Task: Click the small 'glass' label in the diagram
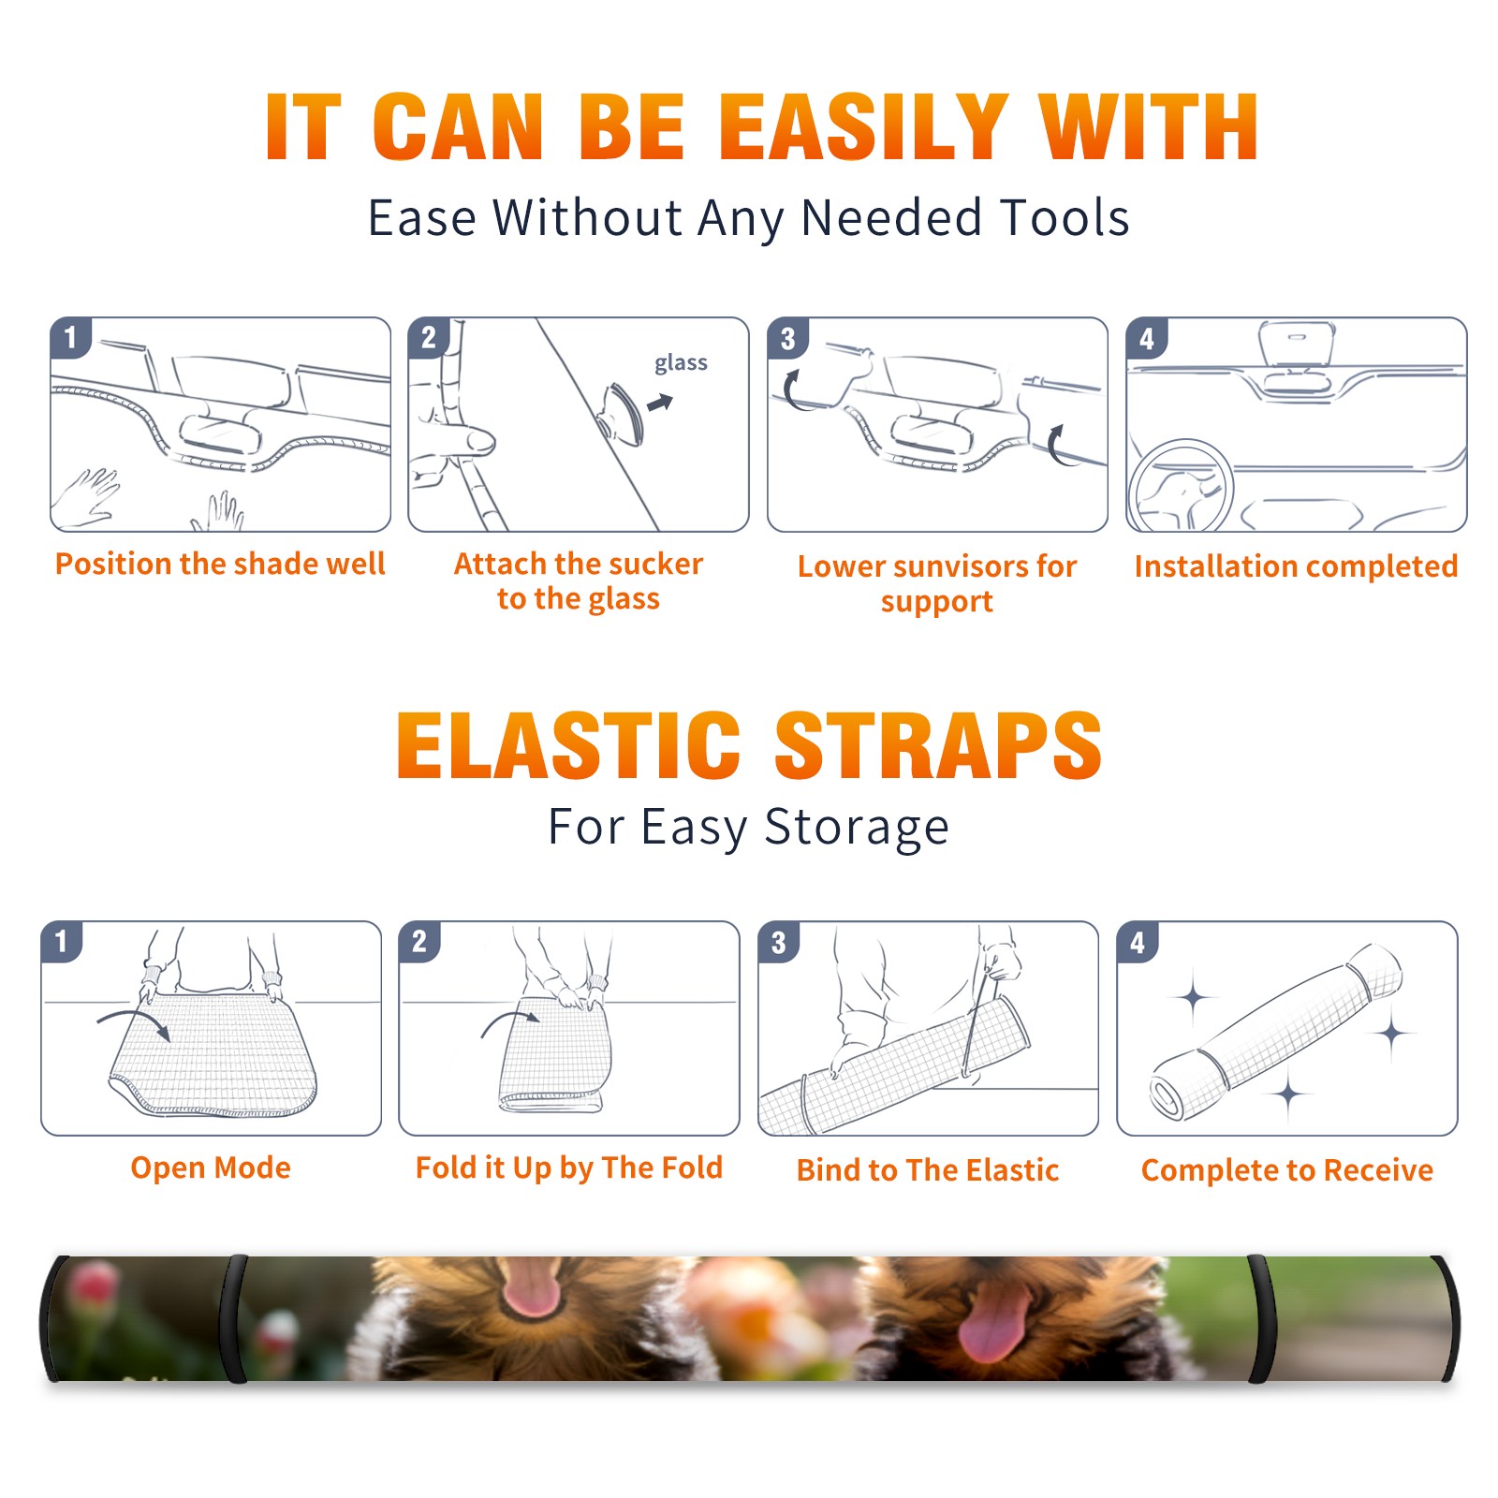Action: [x=681, y=363]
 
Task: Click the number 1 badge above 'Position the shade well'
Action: [x=71, y=337]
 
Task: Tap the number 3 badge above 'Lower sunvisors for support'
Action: [x=788, y=338]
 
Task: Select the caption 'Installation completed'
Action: [x=1296, y=565]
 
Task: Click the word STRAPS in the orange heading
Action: [x=938, y=745]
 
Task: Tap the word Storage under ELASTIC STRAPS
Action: [x=857, y=827]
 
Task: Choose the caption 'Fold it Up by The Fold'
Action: [x=569, y=1168]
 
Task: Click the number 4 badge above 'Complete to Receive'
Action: [x=1138, y=942]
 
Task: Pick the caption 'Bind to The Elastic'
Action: [x=928, y=1170]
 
